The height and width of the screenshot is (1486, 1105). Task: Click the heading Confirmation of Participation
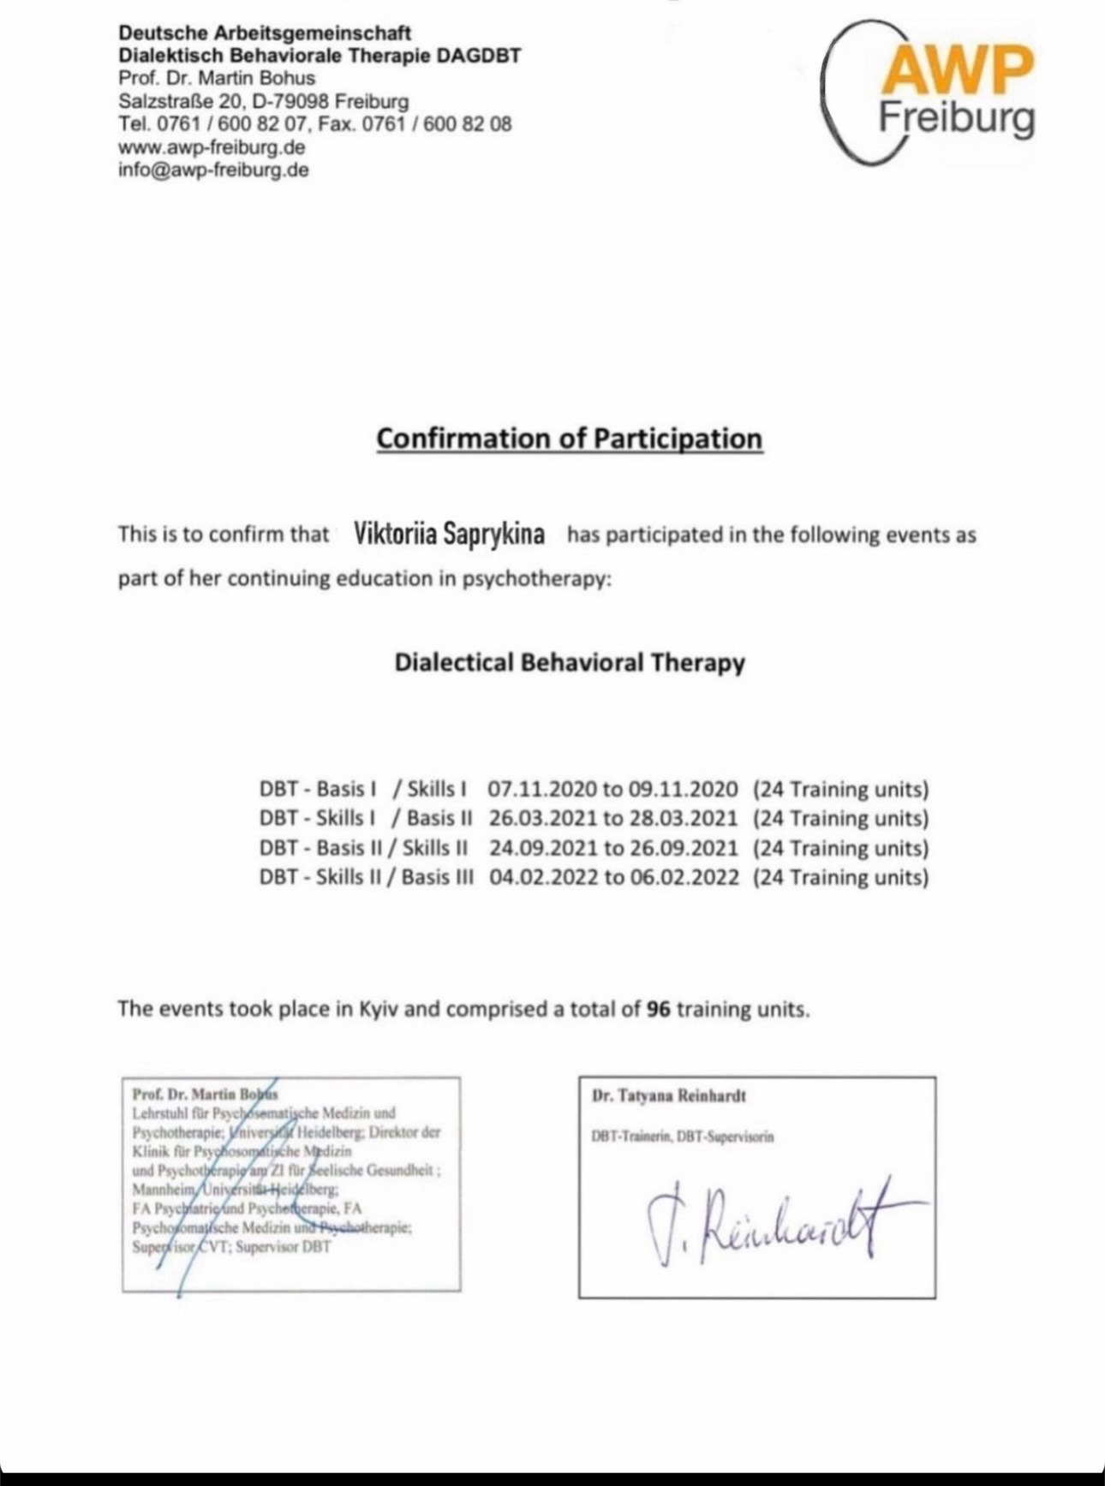coord(570,439)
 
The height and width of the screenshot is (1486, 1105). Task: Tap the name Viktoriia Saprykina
coord(449,534)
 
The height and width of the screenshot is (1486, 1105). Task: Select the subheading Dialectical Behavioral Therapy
coord(570,663)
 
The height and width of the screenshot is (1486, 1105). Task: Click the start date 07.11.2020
coord(541,789)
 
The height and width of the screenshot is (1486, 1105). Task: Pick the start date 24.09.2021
coord(543,848)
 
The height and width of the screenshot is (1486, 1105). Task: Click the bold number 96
coord(658,1009)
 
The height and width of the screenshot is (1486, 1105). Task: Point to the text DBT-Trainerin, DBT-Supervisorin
coord(682,1137)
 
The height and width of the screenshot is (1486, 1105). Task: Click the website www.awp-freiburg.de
coord(212,146)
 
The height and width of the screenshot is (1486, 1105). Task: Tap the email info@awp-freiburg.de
coord(213,170)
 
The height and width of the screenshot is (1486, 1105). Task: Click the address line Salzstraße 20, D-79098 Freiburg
coord(263,101)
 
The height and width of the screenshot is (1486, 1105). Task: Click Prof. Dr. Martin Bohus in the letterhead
coord(217,78)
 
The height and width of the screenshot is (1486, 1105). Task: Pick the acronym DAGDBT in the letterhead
coord(478,56)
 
